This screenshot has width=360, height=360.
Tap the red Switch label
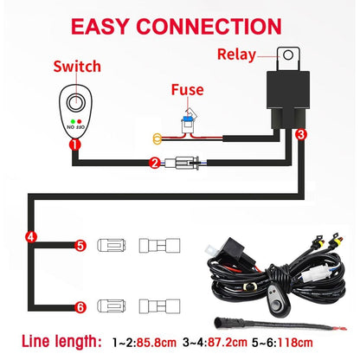[x=77, y=66]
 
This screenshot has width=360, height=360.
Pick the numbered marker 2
[x=154, y=162]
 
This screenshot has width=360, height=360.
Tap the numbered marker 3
[x=300, y=135]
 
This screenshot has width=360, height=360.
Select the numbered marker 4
[x=32, y=235]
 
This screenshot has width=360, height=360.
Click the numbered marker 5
[x=80, y=246]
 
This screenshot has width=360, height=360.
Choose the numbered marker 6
[x=80, y=305]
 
